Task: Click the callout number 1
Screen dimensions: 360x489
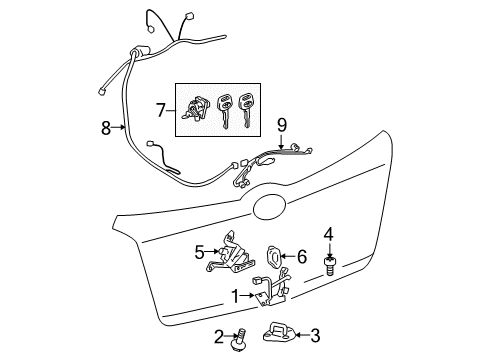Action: click(235, 296)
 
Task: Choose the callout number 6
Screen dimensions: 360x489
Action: click(301, 256)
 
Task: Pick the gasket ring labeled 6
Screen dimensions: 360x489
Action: click(276, 256)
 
